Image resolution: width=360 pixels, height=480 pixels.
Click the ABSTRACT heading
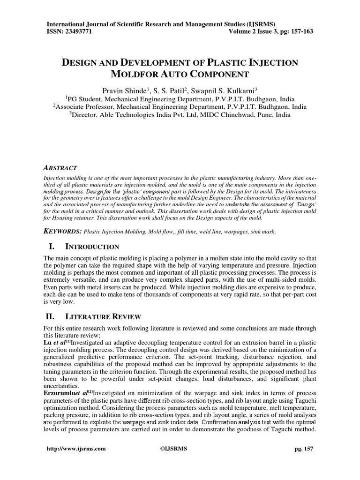(60, 168)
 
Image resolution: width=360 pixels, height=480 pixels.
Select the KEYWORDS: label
(62, 232)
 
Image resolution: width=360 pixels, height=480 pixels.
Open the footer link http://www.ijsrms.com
(76, 449)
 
